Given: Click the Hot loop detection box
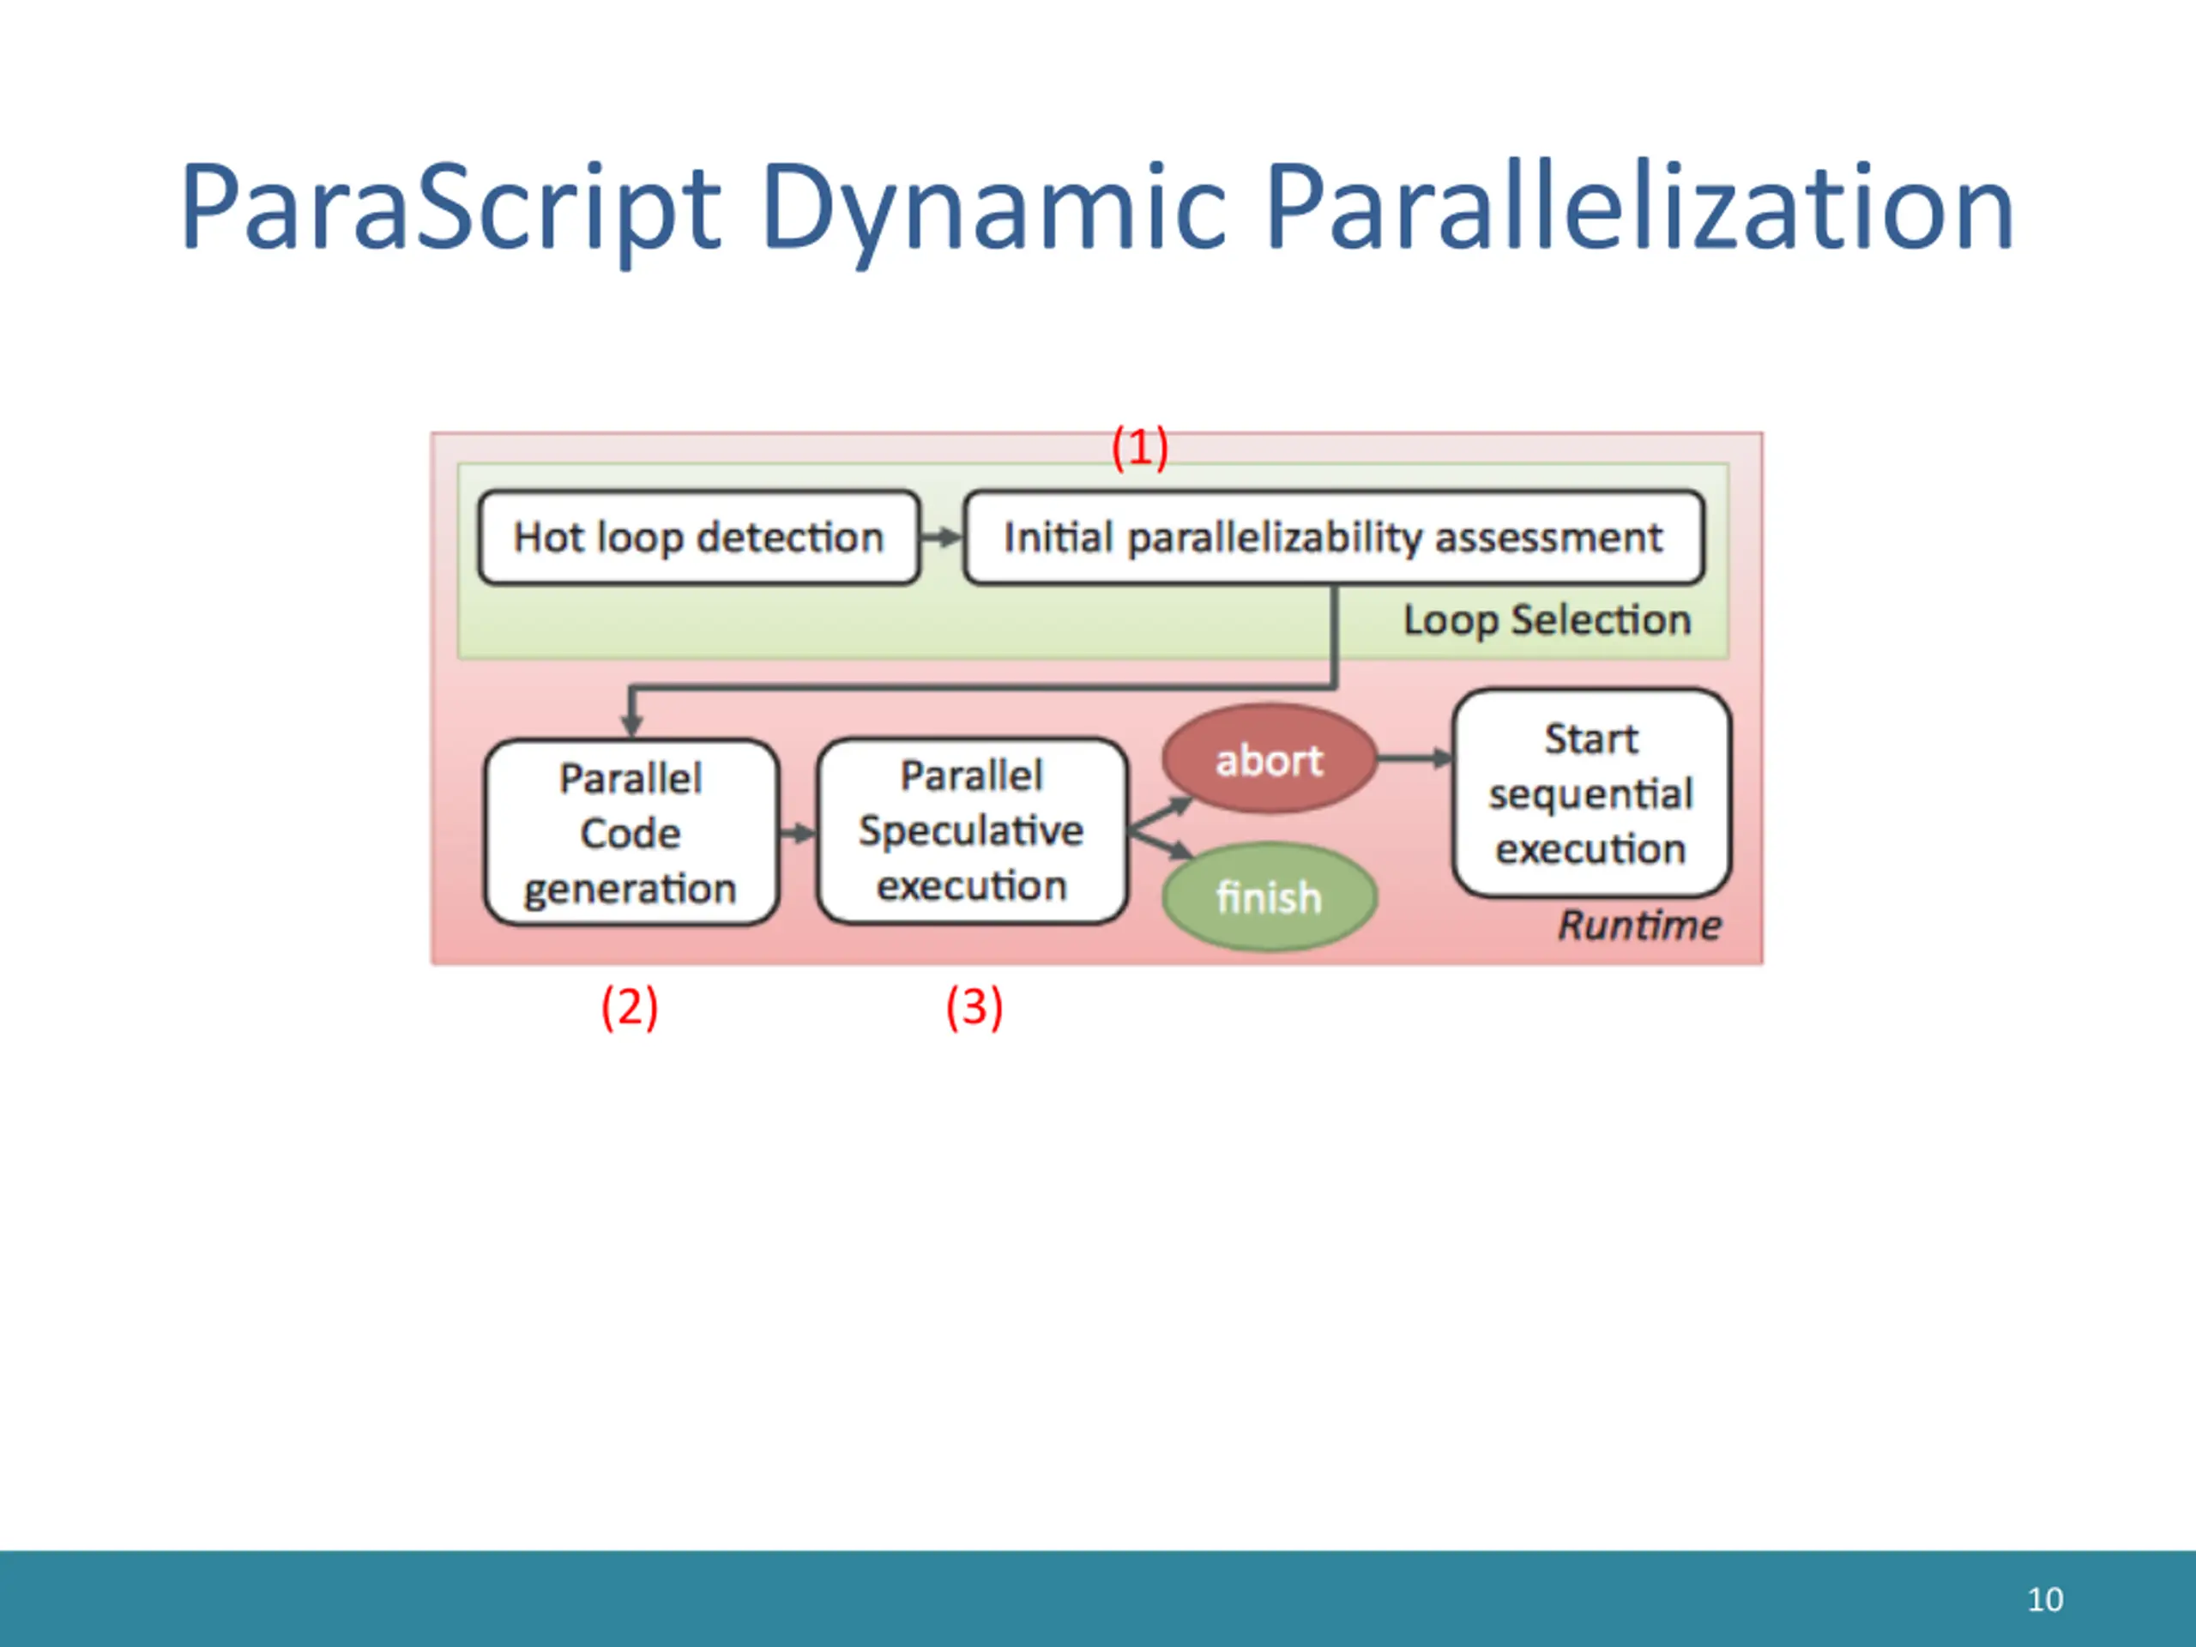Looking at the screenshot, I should [698, 537].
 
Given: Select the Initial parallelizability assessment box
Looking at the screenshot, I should [1333, 537].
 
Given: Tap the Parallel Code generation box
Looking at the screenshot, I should [630, 833].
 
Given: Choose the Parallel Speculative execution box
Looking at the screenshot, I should [971, 830].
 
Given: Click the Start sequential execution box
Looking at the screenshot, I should [1590, 793].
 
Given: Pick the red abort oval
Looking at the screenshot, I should [1269, 759].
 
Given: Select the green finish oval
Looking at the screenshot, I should [1269, 896].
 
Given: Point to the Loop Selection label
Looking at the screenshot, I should [1547, 619].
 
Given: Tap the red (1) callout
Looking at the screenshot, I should [1140, 448].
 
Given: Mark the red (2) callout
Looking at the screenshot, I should [630, 1008].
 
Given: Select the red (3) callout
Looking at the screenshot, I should [974, 1008].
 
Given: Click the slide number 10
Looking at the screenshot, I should [2045, 1599].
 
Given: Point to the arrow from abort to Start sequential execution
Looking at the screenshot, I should [1414, 759].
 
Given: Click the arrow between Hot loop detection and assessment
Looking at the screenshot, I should [941, 537].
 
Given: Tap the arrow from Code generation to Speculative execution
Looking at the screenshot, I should [797, 833].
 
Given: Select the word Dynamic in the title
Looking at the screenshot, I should [993, 208].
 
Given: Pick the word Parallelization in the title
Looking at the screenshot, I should [1639, 208].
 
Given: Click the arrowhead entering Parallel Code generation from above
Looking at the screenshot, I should [631, 725].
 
